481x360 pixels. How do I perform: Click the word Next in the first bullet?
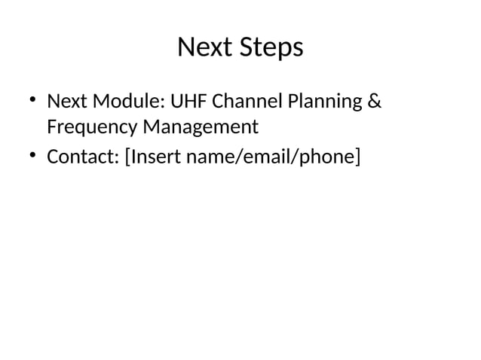(x=66, y=100)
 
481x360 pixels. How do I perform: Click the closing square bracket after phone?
(x=357, y=157)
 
